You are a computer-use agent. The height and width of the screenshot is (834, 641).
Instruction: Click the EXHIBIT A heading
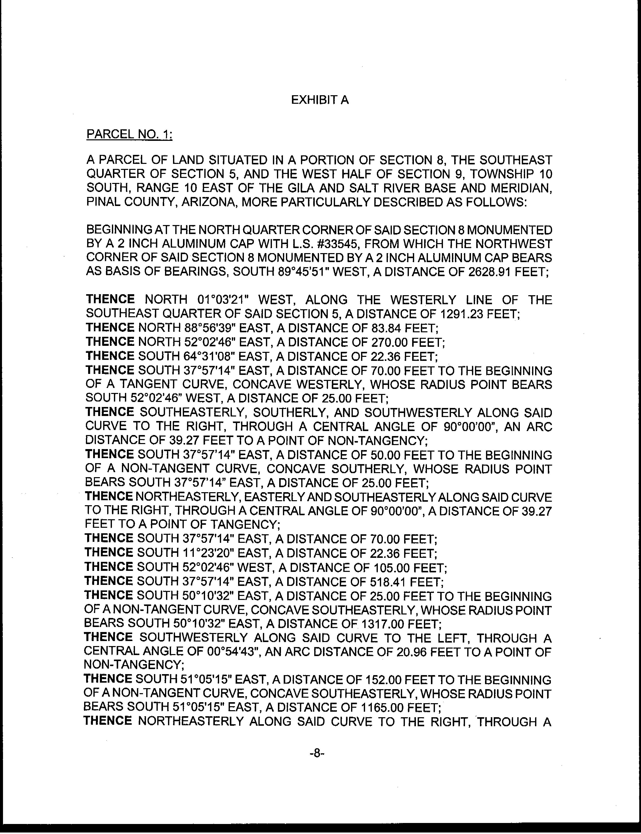tap(320, 100)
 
